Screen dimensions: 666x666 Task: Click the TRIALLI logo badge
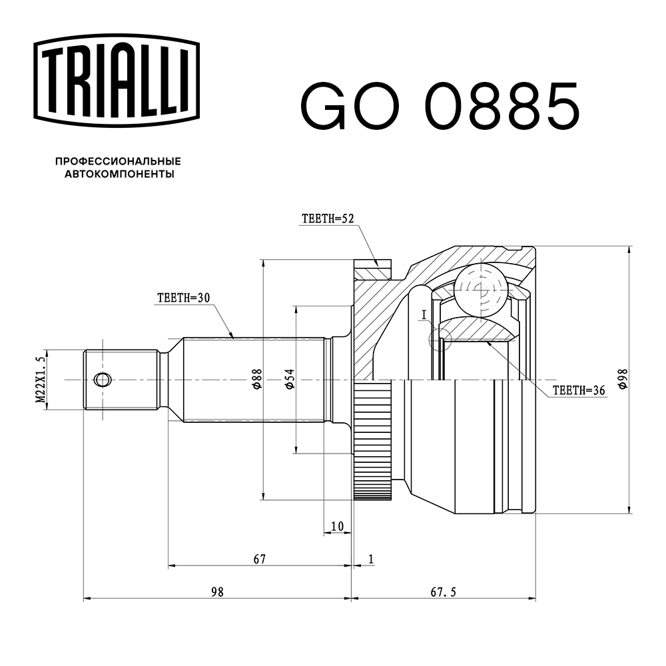[117, 76]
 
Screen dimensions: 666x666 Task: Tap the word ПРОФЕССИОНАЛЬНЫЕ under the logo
[118, 161]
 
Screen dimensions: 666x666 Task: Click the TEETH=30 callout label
[183, 298]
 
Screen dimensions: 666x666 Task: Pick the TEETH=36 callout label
[579, 391]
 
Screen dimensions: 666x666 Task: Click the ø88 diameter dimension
[256, 380]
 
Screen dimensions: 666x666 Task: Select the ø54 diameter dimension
[288, 380]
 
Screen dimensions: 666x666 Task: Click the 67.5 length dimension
[444, 591]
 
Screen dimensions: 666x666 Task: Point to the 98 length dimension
[216, 591]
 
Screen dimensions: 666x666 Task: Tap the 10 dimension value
[337, 526]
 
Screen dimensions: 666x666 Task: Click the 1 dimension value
[370, 559]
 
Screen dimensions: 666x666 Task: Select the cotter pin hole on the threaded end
[102, 380]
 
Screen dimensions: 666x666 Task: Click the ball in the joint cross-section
[481, 288]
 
